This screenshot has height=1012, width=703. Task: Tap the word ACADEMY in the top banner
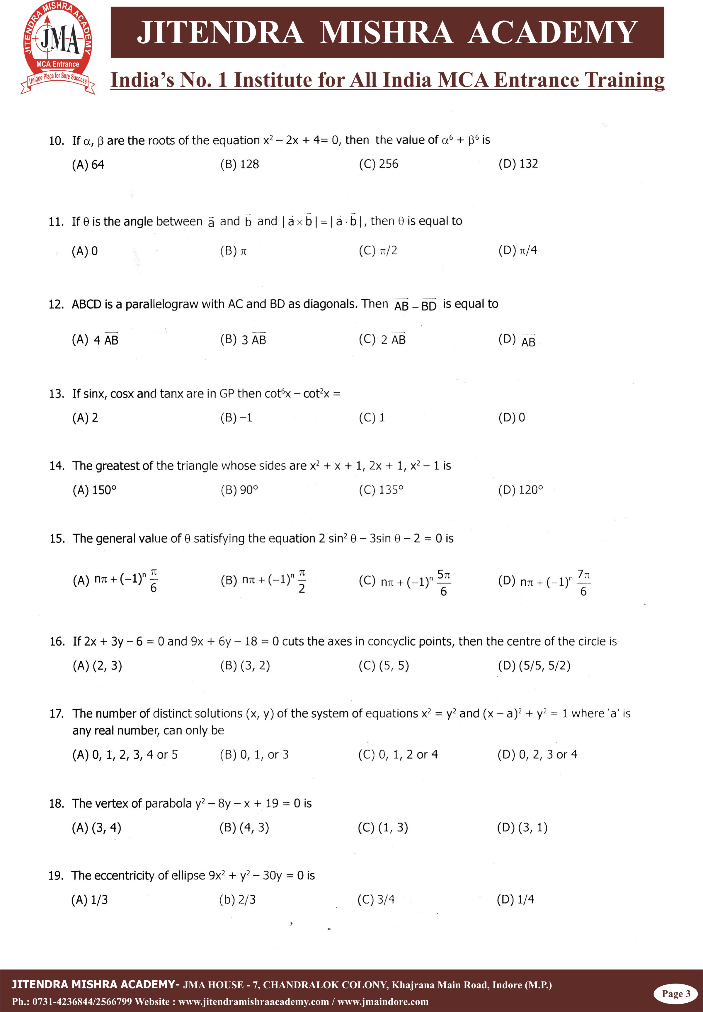click(x=552, y=33)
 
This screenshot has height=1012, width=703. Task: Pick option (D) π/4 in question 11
click(x=518, y=251)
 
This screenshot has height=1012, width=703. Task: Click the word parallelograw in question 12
click(x=162, y=304)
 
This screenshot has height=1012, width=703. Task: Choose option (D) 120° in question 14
click(x=521, y=490)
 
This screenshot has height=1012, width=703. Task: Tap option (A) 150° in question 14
click(x=95, y=490)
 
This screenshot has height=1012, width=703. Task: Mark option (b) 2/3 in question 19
click(x=237, y=899)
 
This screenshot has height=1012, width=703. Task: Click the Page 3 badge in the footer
click(x=676, y=994)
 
